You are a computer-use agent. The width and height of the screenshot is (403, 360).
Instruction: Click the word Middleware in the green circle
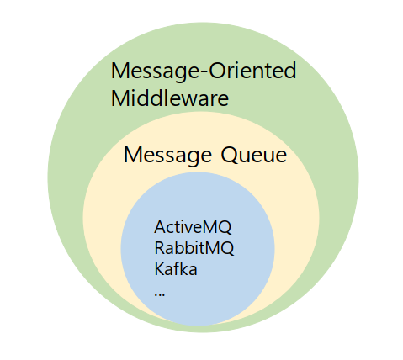coord(170,98)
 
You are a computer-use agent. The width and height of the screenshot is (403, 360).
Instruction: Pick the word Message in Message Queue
coord(168,156)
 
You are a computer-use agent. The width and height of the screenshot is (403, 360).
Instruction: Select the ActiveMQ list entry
coord(193,228)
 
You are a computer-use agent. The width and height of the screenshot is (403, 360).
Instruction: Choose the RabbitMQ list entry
coord(194,248)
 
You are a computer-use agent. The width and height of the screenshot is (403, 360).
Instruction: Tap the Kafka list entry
coord(176,269)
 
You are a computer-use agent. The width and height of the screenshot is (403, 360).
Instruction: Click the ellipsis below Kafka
coord(160,294)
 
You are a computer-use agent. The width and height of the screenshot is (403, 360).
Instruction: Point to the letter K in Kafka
coord(159,269)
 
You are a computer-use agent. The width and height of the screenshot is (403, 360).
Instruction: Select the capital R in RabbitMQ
coord(159,248)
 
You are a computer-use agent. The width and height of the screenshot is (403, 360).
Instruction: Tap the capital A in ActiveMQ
coord(160,228)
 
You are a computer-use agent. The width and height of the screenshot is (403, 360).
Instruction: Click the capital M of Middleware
coord(120,98)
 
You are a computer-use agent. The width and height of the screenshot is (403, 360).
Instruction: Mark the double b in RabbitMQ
coord(181,248)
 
